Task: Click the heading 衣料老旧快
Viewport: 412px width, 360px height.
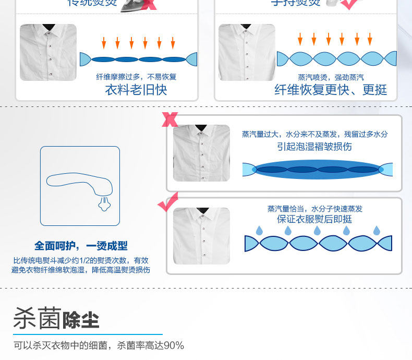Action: [x=136, y=90]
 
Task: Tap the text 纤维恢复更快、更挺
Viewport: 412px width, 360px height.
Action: [x=331, y=90]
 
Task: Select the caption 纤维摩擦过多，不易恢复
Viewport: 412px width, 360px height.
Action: [x=137, y=77]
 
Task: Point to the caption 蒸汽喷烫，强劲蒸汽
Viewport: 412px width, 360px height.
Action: [x=331, y=77]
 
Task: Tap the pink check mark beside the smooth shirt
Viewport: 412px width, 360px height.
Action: [x=168, y=202]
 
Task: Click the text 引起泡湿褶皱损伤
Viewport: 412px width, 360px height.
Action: [x=314, y=147]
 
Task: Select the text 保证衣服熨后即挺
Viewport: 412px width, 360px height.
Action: [x=314, y=219]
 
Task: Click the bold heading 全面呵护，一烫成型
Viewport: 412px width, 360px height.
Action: [x=81, y=246]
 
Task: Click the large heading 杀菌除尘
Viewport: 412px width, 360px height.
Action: [x=56, y=318]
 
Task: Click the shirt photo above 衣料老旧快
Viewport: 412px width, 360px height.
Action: [x=48, y=53]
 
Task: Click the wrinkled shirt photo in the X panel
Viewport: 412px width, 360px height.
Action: [x=201, y=153]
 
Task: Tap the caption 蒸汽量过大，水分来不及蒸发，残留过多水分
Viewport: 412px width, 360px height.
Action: [x=314, y=134]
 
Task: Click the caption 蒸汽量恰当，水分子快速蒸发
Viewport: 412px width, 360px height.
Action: [x=314, y=209]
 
